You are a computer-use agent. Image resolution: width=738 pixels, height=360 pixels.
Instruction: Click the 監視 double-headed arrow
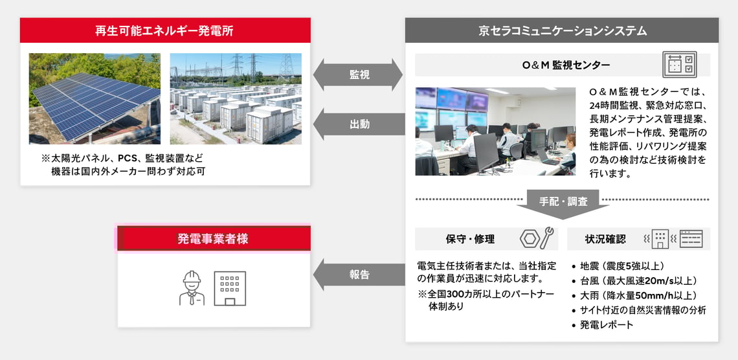[x=359, y=74]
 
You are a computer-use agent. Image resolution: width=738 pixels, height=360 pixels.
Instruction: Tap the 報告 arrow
[x=359, y=274]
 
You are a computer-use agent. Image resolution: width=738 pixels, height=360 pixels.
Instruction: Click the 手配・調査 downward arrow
[x=563, y=202]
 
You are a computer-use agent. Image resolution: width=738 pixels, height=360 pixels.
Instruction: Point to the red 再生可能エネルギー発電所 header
[x=165, y=30]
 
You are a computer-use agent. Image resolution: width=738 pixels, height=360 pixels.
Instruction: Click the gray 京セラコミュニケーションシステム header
[x=561, y=30]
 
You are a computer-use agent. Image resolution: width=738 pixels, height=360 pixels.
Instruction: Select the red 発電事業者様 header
[x=213, y=238]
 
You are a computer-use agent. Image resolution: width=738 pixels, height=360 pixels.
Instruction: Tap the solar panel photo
[x=95, y=98]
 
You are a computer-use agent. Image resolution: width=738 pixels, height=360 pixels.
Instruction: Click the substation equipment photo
[x=236, y=98]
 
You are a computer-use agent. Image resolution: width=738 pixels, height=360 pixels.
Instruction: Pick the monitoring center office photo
[x=495, y=131]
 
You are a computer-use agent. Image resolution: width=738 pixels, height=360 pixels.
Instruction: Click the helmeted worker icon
[x=192, y=287]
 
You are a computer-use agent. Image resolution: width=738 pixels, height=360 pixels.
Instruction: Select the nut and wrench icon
[x=536, y=238]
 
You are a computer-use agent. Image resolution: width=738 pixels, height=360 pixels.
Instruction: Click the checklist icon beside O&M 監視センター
[x=679, y=65]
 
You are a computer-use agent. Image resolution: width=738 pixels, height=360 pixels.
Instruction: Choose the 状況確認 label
[x=605, y=239]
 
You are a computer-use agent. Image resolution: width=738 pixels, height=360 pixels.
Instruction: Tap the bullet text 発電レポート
[x=607, y=324]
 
